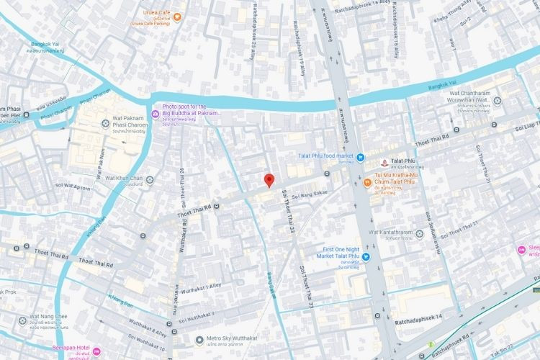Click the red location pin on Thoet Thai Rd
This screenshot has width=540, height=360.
[x=268, y=181]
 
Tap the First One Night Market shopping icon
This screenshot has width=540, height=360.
[x=365, y=256]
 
